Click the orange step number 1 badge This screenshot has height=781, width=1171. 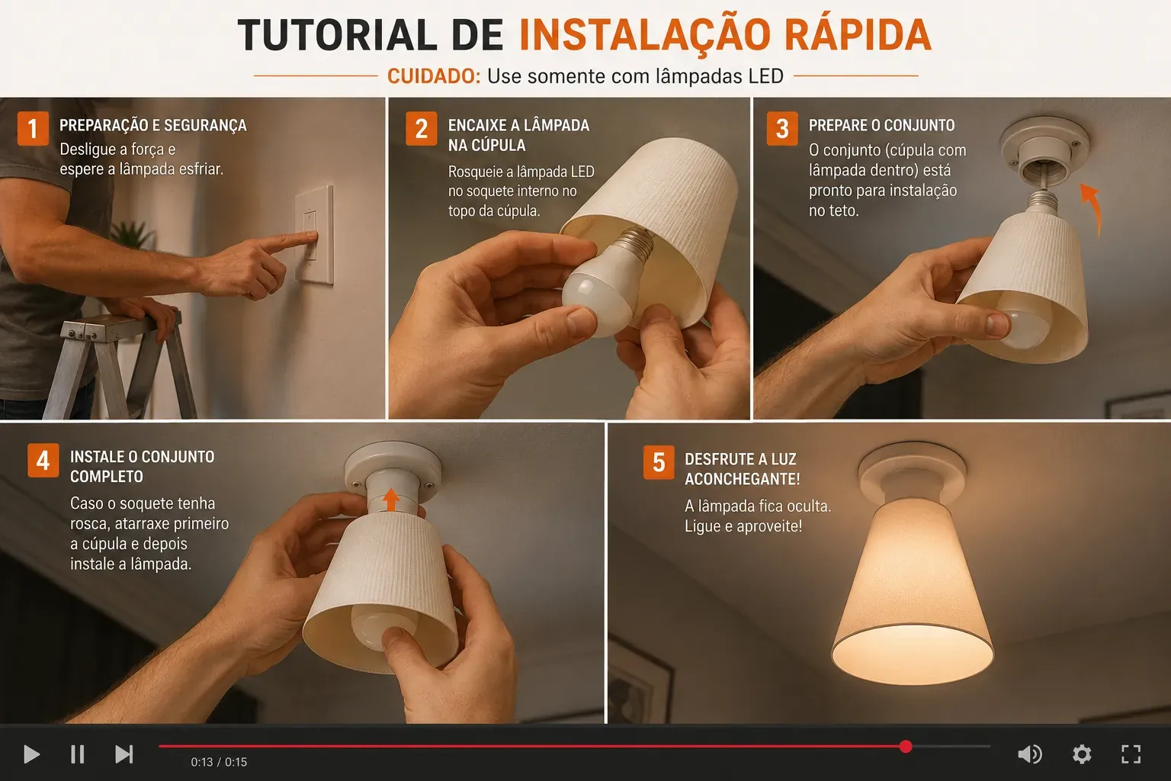coord(33,128)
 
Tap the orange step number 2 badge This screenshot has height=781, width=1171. coord(422,128)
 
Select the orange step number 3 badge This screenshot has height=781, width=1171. coord(782,128)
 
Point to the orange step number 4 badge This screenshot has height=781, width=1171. coord(43,461)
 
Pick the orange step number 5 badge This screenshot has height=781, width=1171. coord(659,462)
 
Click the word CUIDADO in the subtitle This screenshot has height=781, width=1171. coord(433,76)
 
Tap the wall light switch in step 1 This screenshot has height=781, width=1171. coord(313,234)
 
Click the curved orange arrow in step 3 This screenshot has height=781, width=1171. coord(1092,208)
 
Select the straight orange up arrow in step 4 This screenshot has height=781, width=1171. coord(390,500)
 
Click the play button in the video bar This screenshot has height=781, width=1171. coord(31,754)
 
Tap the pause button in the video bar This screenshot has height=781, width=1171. coord(77,754)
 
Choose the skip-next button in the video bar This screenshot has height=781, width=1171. coord(124,754)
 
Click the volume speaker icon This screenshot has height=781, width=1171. coord(1030,754)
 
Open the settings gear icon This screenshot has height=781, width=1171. coord(1082,754)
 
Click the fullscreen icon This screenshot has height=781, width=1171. coord(1131,754)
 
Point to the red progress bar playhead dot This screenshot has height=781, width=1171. coord(906,747)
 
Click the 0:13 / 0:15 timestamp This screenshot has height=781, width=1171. coord(219,762)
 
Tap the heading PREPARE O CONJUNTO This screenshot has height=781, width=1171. coord(881,126)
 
